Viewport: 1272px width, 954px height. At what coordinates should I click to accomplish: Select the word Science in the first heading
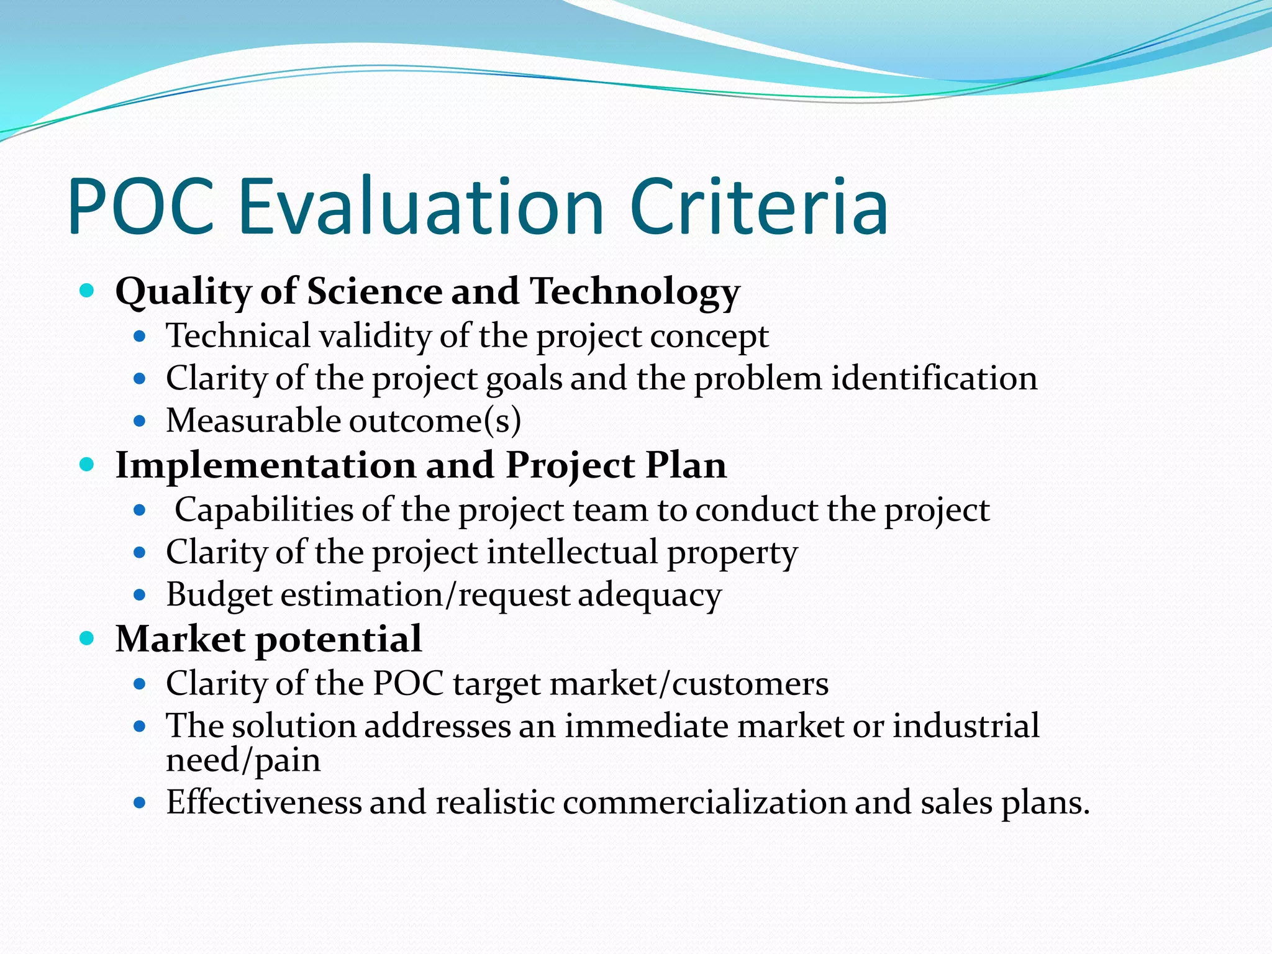point(374,291)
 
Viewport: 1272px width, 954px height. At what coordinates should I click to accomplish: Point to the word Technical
point(238,336)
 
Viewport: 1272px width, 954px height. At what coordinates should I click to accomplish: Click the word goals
point(524,379)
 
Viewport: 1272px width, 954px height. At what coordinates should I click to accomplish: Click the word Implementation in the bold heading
point(265,466)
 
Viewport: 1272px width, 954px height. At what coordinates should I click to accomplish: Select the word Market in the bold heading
point(180,639)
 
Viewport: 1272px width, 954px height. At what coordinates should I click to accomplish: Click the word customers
point(750,684)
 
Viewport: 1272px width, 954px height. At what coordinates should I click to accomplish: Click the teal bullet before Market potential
point(87,638)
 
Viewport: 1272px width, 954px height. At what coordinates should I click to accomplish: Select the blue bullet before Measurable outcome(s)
point(139,422)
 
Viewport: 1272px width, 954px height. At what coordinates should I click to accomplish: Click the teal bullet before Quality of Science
point(87,290)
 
